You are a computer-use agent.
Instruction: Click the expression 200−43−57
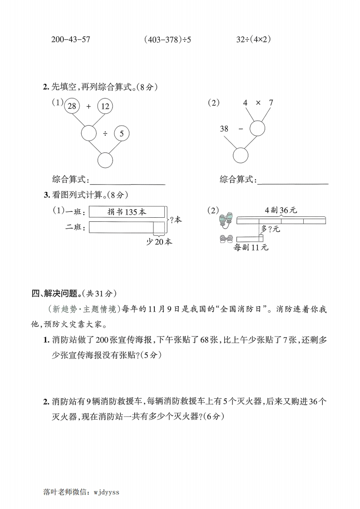tap(71, 39)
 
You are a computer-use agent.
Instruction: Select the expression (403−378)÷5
tap(167, 39)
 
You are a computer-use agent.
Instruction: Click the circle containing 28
tap(71, 106)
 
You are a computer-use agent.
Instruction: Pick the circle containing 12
tap(105, 106)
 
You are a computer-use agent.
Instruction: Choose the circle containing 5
tap(122, 133)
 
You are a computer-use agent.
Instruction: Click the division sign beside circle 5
tap(105, 133)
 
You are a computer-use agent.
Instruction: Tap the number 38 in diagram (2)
tap(224, 129)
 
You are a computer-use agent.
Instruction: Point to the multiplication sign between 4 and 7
tap(258, 103)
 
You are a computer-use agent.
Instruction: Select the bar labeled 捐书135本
tap(127, 212)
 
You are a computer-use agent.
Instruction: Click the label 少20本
tap(159, 242)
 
